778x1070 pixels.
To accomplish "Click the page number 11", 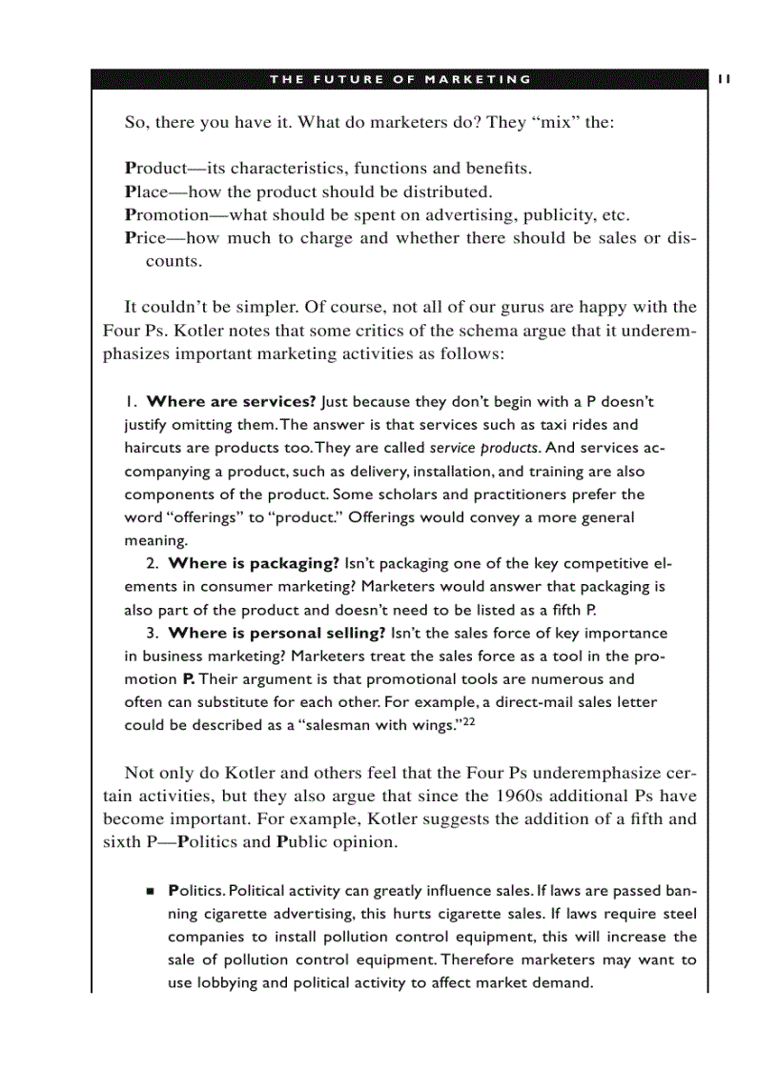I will pos(724,79).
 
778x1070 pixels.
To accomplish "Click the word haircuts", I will pos(154,448).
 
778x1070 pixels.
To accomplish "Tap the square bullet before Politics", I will pos(150,891).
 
